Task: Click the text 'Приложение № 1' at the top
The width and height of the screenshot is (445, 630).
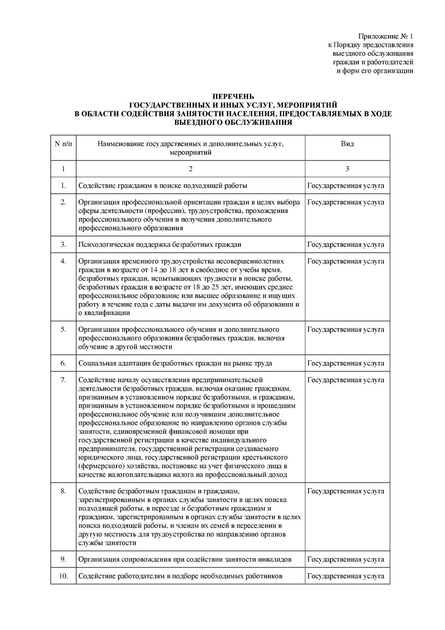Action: click(x=385, y=37)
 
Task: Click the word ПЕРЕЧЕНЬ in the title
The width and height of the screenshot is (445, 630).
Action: click(x=233, y=97)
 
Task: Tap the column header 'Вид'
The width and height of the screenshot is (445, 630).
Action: click(x=347, y=144)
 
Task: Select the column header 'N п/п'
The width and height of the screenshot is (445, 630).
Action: click(x=63, y=144)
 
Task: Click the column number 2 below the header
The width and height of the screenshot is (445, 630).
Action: click(x=191, y=169)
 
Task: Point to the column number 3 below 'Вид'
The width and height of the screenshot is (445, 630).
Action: click(x=347, y=169)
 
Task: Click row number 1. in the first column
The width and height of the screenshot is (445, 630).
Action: click(x=63, y=186)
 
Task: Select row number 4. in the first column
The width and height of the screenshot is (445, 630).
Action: click(x=63, y=261)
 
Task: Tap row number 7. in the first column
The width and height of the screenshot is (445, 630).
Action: click(x=63, y=380)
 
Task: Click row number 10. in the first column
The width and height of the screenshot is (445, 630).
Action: click(x=63, y=576)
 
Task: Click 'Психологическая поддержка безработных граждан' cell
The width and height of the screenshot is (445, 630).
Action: click(x=160, y=245)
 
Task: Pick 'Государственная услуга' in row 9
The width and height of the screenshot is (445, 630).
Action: click(x=346, y=560)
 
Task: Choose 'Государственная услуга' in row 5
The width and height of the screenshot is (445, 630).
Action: click(x=346, y=329)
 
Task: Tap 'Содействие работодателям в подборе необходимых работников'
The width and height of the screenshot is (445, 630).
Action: click(x=180, y=576)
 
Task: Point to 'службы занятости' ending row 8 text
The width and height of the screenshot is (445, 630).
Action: click(x=107, y=543)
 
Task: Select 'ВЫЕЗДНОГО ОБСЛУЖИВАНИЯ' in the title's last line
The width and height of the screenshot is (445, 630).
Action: click(x=233, y=123)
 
